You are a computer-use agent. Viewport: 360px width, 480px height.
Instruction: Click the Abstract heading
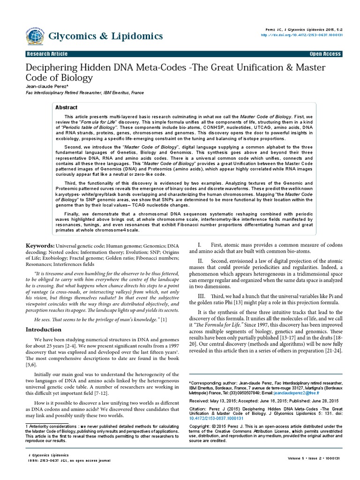pyautogui.click(x=67, y=107)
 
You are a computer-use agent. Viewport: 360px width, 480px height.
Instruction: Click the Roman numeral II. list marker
pyautogui.click(x=200, y=261)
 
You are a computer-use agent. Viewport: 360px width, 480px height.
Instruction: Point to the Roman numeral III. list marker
pyautogui.click(x=201, y=297)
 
